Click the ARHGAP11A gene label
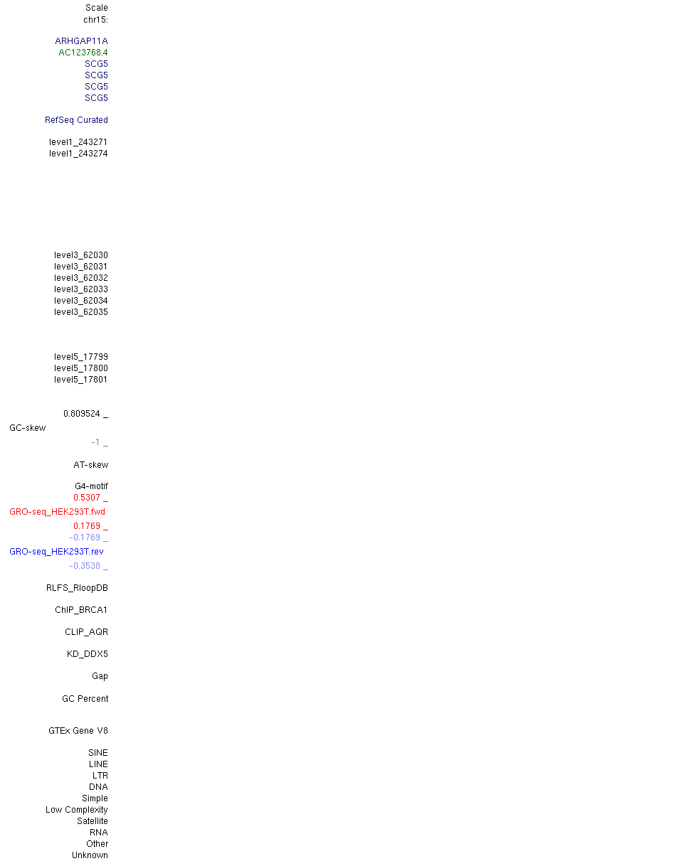click(81, 41)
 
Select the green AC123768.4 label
click(83, 53)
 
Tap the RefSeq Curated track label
click(76, 120)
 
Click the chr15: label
click(95, 20)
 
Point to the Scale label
click(96, 8)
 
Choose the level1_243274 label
click(78, 154)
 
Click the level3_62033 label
click(81, 289)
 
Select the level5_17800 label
click(81, 368)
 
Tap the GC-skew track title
click(27, 428)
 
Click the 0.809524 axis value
click(82, 414)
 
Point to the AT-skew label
click(91, 465)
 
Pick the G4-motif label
click(91, 486)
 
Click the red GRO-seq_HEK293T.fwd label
click(57, 512)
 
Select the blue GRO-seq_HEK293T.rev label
click(56, 552)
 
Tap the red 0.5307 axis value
click(86, 498)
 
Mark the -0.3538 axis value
click(85, 566)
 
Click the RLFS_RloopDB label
click(77, 588)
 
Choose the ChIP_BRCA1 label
click(81, 610)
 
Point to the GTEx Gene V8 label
click(78, 731)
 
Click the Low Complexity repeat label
click(77, 810)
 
